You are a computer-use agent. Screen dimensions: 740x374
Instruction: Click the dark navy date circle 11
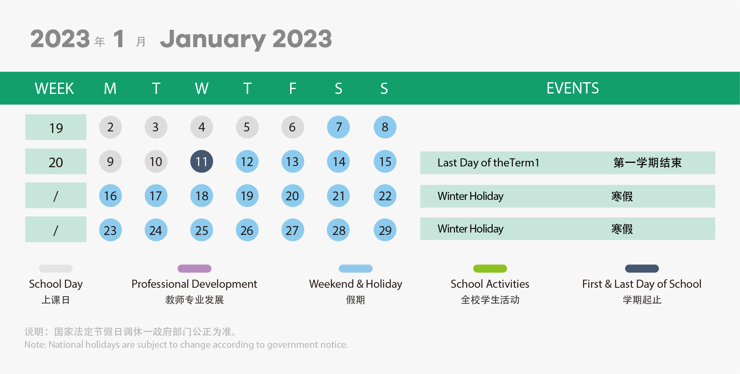202,162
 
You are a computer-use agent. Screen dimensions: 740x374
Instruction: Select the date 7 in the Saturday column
339,127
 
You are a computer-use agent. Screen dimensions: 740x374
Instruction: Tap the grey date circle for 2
111,127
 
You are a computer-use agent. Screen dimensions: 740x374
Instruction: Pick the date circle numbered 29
385,230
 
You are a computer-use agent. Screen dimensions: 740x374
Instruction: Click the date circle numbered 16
111,196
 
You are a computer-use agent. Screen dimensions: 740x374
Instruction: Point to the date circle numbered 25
202,230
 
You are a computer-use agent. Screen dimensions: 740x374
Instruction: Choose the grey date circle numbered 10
156,162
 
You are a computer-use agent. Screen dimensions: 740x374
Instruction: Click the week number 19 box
56,127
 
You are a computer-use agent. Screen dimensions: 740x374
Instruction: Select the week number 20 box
56,162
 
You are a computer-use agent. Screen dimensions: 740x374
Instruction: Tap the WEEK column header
54,88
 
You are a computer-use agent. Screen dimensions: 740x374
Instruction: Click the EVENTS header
573,88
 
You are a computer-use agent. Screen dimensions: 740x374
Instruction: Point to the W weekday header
202,88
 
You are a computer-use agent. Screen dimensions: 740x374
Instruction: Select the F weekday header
293,88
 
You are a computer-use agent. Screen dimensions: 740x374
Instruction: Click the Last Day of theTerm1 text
488,163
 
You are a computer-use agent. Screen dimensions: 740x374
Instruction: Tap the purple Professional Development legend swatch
194,268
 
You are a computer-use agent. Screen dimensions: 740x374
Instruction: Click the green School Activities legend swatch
490,268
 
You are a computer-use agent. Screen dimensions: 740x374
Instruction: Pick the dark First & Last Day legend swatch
642,268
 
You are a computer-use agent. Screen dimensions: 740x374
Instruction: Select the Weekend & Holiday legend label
355,284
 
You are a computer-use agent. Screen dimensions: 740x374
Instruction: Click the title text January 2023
246,39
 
